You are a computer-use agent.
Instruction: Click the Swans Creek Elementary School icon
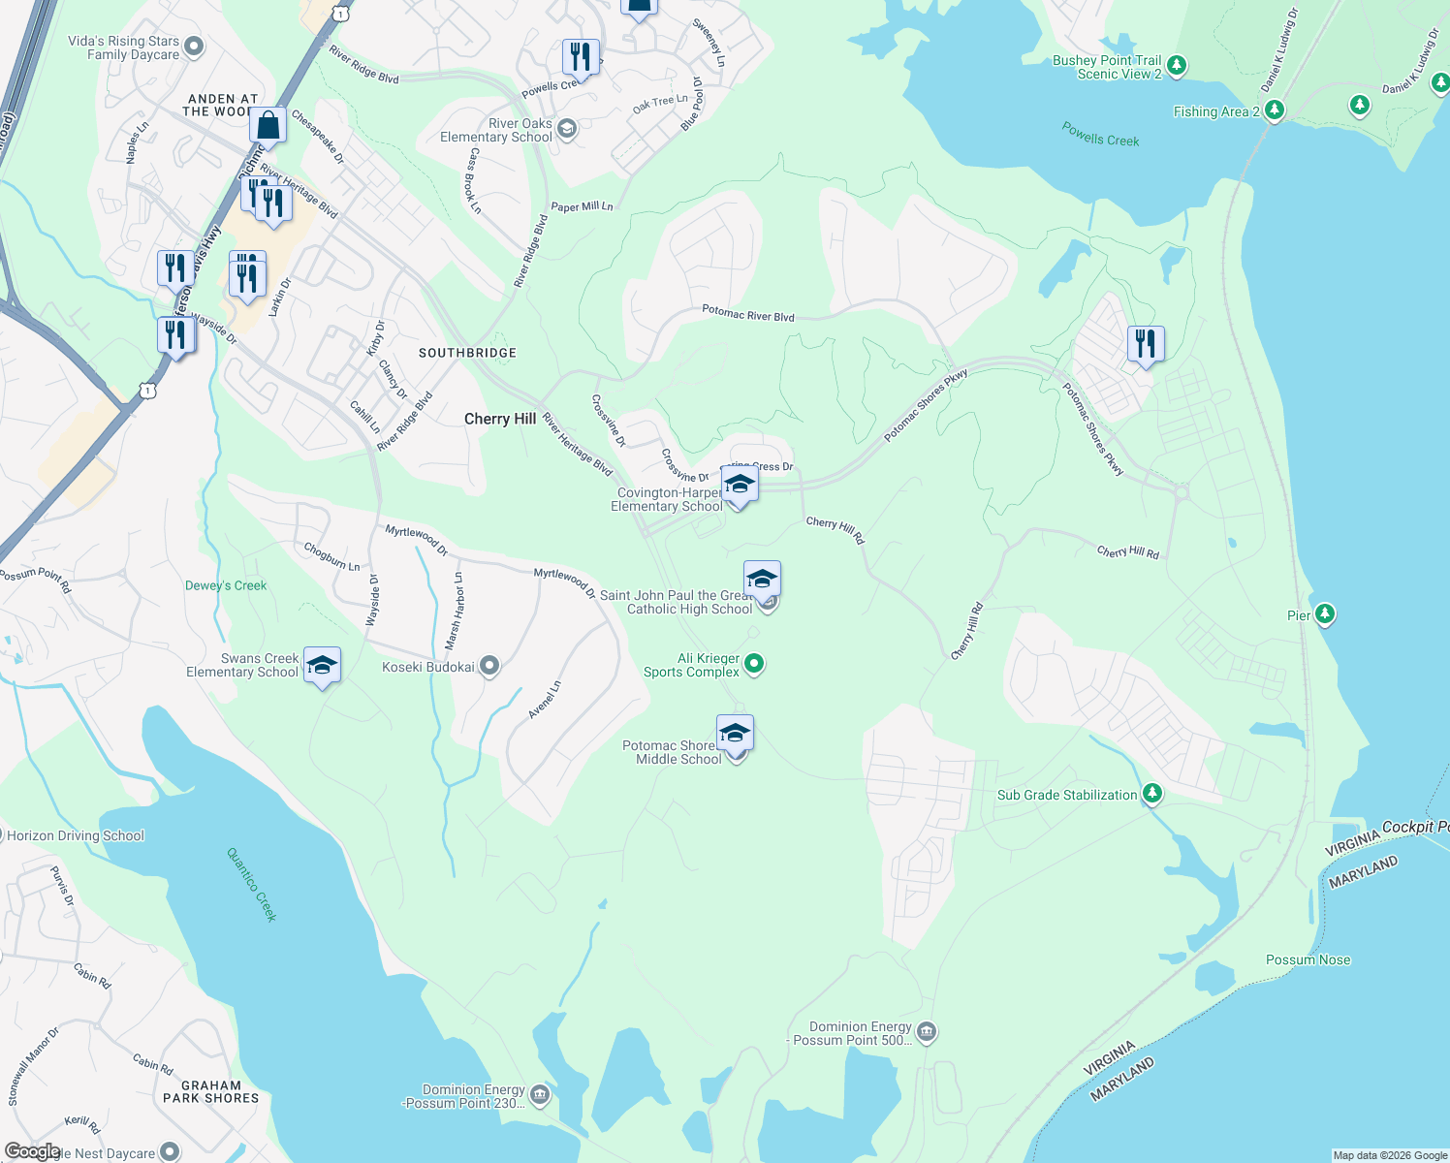322,666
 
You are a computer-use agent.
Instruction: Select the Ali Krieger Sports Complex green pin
754,664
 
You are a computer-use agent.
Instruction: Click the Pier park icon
1325,614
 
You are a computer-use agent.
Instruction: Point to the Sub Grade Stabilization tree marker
1151,794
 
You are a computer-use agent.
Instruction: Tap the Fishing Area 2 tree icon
1275,110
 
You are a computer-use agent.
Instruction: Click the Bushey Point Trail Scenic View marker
1177,66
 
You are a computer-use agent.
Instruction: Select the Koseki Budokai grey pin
489,666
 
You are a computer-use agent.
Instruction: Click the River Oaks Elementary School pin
567,129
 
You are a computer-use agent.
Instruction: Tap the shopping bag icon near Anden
268,126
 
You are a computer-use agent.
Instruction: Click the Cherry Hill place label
499,419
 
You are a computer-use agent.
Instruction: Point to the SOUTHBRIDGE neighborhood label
467,353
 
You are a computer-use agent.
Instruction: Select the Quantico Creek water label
252,884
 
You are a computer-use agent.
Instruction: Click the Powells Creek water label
1100,134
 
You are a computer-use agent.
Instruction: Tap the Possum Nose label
1308,959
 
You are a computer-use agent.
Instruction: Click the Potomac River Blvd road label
747,314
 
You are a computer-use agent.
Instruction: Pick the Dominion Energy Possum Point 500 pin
927,1031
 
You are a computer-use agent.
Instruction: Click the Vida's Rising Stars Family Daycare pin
194,47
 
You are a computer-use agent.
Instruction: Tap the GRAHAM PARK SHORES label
210,1091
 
